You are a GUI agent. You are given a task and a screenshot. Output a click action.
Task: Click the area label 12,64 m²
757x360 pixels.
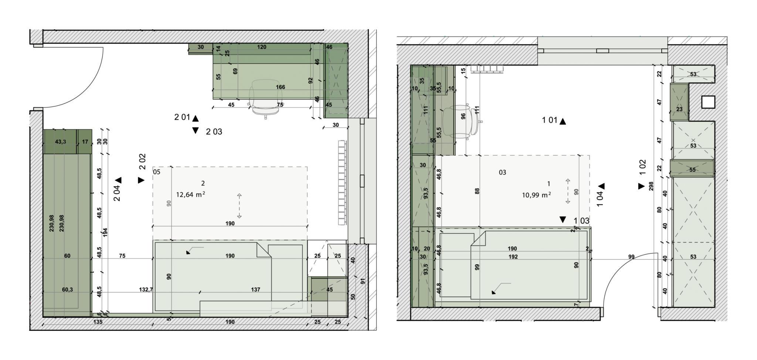(x=190, y=194)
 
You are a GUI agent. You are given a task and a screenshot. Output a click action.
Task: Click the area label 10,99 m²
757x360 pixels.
(x=536, y=194)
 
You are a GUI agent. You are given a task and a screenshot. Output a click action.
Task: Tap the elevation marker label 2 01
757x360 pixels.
(x=182, y=117)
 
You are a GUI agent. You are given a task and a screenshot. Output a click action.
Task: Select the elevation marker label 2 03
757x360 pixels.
(x=214, y=132)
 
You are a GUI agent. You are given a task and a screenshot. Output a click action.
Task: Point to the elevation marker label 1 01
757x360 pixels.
(x=550, y=120)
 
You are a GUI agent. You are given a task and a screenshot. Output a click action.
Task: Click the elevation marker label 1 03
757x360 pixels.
(x=581, y=221)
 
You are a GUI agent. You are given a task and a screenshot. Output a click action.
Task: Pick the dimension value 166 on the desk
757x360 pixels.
(x=281, y=87)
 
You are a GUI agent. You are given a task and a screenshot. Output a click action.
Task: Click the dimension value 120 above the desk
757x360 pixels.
(x=262, y=47)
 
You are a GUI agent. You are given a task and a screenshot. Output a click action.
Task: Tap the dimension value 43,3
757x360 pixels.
(x=60, y=142)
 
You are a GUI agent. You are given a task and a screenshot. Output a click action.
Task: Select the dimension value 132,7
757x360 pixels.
(x=146, y=290)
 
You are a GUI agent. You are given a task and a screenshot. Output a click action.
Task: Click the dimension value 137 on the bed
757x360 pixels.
(x=255, y=290)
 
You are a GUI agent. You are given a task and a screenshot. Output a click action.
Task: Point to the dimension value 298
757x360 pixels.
(x=651, y=186)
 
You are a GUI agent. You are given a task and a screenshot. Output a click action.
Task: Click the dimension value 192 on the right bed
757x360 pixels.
(x=513, y=257)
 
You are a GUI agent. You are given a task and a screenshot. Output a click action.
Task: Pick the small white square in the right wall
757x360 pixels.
(x=708, y=102)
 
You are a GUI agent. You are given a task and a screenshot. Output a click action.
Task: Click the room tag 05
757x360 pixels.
(x=157, y=172)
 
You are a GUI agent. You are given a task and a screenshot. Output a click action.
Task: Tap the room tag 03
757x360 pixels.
(x=502, y=172)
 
